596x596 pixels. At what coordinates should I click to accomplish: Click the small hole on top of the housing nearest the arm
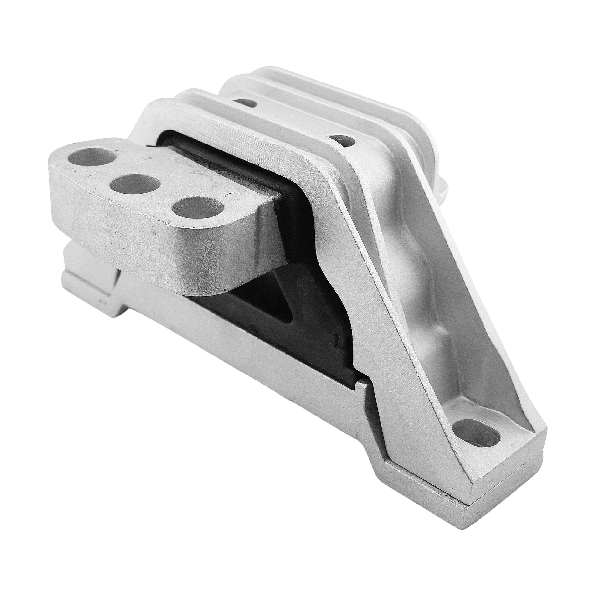click(245, 103)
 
